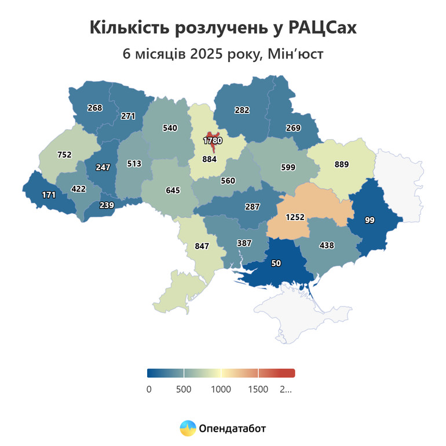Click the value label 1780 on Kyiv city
tap(213, 141)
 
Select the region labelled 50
tap(276, 264)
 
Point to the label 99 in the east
tap(370, 221)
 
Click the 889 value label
tap(342, 164)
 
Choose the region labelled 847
tap(202, 246)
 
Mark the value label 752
tap(64, 155)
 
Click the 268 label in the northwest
tap(94, 108)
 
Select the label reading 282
tap(242, 109)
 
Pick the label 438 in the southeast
tap(327, 246)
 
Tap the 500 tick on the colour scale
tap(184, 389)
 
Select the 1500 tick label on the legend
tap(258, 389)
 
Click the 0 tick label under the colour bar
tap(149, 389)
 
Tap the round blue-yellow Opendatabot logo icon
tap(188, 429)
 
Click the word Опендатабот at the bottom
tap(232, 429)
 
